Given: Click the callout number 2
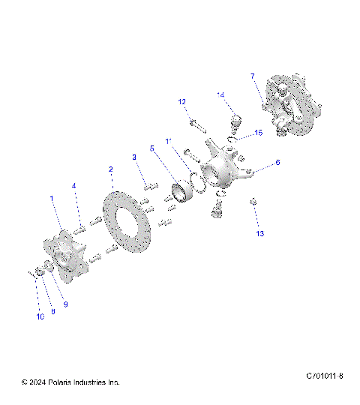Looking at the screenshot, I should [x=111, y=169].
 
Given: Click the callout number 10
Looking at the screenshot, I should [x=40, y=316].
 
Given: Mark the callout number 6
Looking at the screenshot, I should [x=277, y=162].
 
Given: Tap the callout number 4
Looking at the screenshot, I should [x=73, y=185].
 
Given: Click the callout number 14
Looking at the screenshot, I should [x=220, y=94].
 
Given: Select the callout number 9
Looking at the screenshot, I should [x=64, y=304].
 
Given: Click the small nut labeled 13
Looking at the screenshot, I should [x=253, y=201].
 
